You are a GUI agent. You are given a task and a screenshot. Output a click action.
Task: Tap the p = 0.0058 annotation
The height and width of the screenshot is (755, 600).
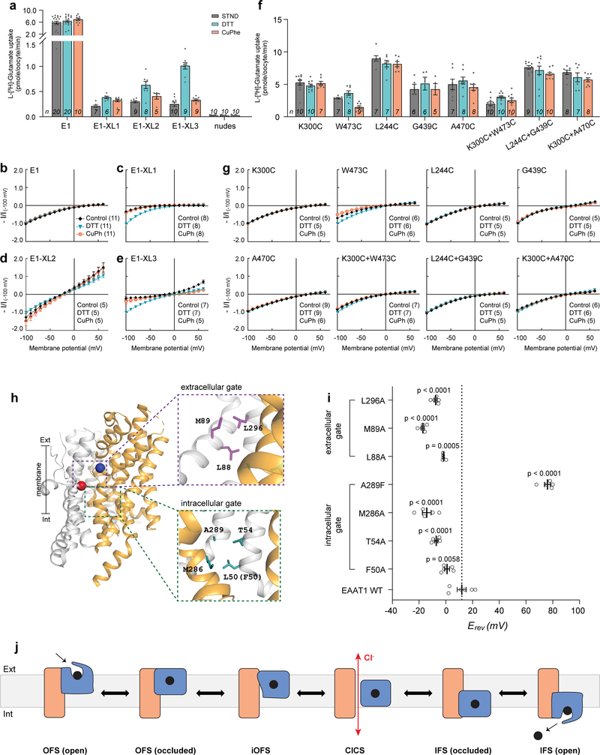[440, 558]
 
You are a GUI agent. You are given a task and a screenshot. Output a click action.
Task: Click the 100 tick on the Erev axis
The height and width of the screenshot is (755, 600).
[577, 611]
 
